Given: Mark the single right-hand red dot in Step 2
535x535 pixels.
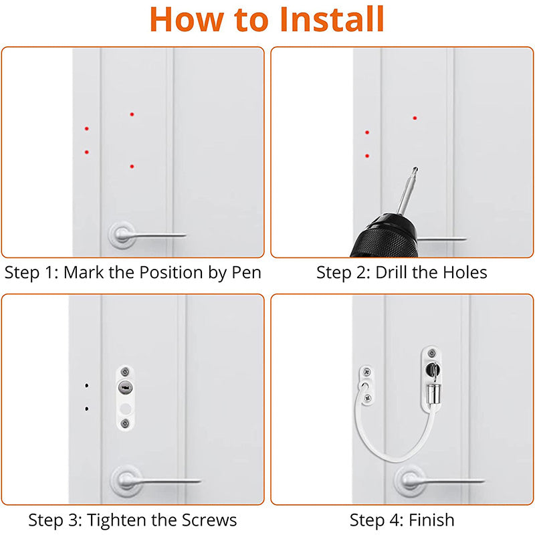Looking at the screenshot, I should coord(415,118).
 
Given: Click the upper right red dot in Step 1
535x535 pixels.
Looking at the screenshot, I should coord(132,114).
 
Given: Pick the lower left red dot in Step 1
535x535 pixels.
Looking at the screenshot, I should coord(86,152).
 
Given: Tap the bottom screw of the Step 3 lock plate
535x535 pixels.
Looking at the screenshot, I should coord(125,422).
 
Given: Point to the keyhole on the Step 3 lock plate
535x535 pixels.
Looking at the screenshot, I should coord(125,387).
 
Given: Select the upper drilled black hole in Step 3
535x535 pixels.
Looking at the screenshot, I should coord(86,386).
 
